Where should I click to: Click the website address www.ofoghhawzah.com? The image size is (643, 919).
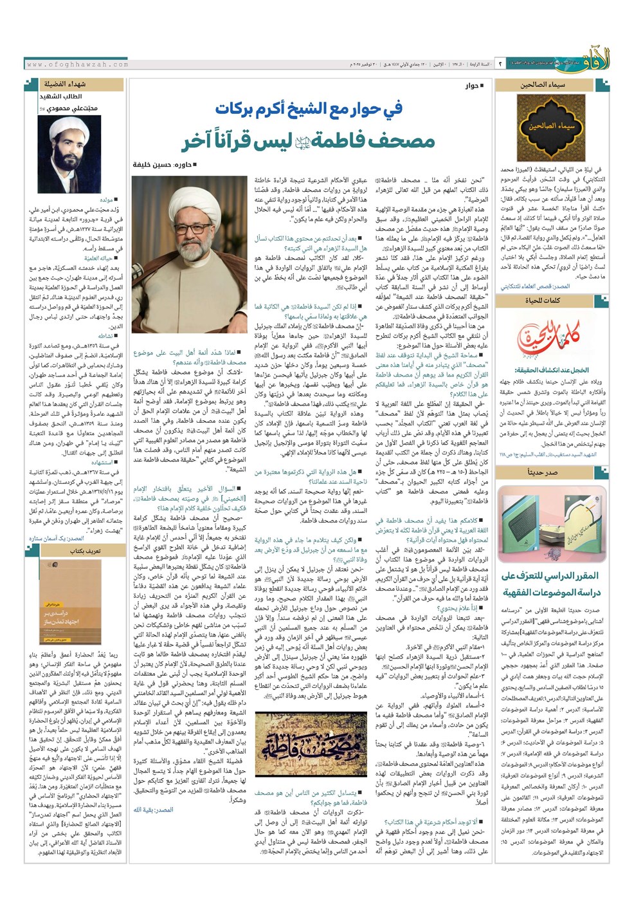coord(78,64)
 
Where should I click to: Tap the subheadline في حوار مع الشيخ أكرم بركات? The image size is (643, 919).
coord(309,108)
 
